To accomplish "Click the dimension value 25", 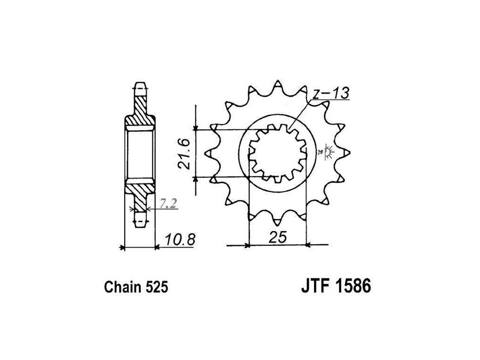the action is coord(277,238).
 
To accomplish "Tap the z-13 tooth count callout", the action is coord(331,94).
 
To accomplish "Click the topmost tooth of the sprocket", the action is coord(277,86).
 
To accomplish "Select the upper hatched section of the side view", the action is coord(140,111).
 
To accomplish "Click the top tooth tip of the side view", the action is coord(140,87).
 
